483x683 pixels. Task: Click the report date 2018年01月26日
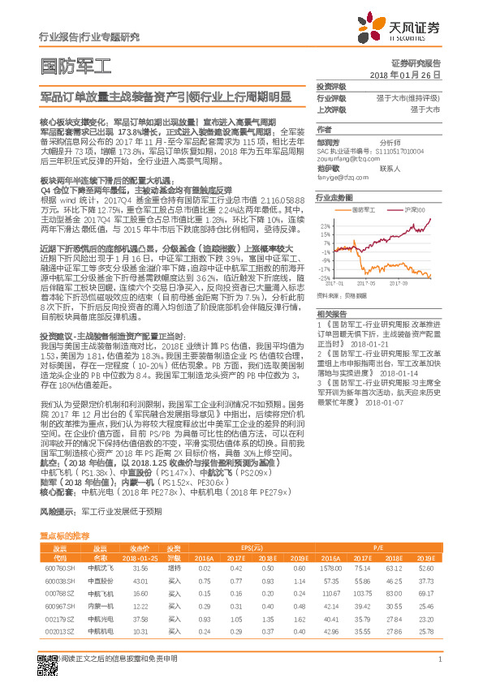click(x=405, y=75)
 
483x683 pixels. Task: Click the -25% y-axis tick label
click(x=325, y=276)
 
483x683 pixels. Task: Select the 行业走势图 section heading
click(x=334, y=197)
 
